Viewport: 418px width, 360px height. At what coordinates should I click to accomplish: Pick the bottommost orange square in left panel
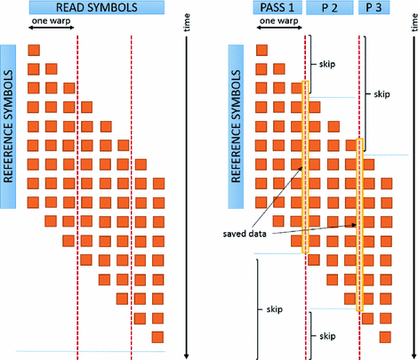pyautogui.click(x=158, y=336)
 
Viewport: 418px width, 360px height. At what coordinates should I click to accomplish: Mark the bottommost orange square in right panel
pyautogui.click(x=387, y=336)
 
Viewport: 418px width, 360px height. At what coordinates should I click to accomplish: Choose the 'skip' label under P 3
pyautogui.click(x=382, y=92)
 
